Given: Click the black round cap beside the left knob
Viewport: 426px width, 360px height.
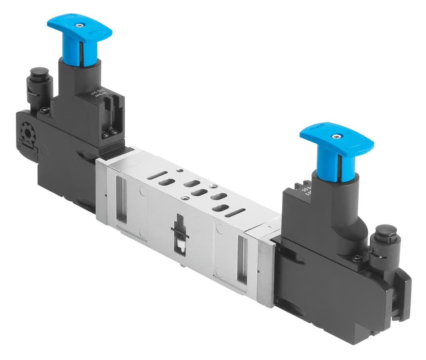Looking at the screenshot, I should pyautogui.click(x=40, y=75).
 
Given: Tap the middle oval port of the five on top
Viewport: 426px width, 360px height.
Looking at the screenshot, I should pyautogui.click(x=199, y=193).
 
